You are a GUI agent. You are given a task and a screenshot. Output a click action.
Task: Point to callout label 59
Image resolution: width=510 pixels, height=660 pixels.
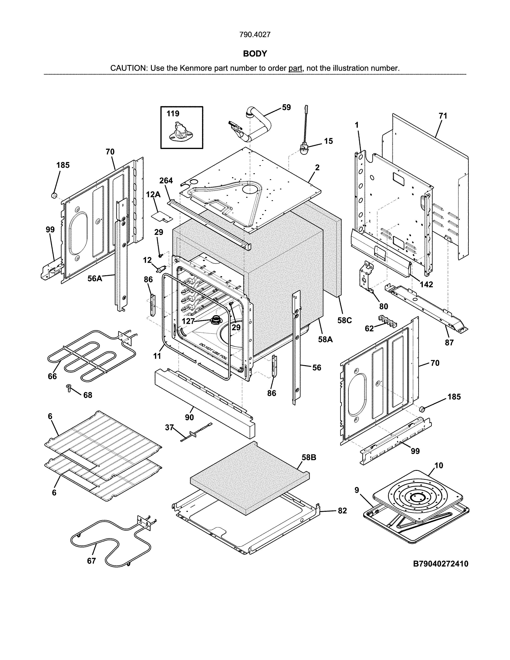click(x=286, y=107)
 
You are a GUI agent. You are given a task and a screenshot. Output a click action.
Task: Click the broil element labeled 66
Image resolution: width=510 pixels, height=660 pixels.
click(x=91, y=357)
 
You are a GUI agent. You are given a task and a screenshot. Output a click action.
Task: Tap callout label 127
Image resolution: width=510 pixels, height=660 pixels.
click(x=188, y=321)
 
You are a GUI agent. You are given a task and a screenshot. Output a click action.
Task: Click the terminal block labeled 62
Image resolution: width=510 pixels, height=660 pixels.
click(x=387, y=321)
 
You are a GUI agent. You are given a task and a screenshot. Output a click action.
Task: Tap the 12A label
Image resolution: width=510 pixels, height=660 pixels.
click(x=153, y=195)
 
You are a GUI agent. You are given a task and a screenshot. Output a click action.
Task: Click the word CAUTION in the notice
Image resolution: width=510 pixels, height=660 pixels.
click(x=128, y=68)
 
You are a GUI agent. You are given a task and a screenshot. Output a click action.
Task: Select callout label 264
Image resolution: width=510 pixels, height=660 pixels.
click(x=166, y=181)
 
